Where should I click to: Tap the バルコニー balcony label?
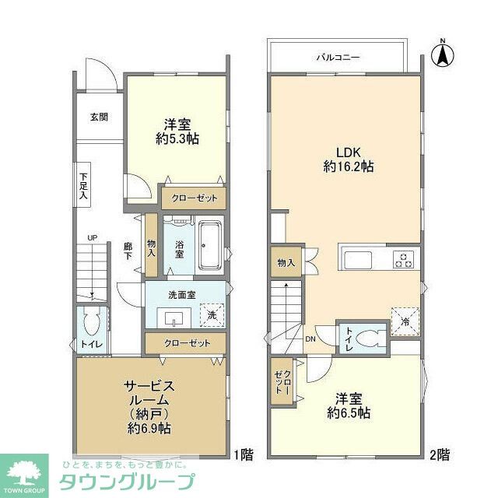[x=336, y=57]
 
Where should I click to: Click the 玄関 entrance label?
[x=99, y=117]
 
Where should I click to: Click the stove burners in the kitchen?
[x=405, y=259]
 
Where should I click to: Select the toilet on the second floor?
[x=373, y=337]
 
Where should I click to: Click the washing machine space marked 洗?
[x=211, y=314]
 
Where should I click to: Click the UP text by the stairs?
[x=92, y=237]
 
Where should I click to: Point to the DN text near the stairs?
[x=310, y=339]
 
